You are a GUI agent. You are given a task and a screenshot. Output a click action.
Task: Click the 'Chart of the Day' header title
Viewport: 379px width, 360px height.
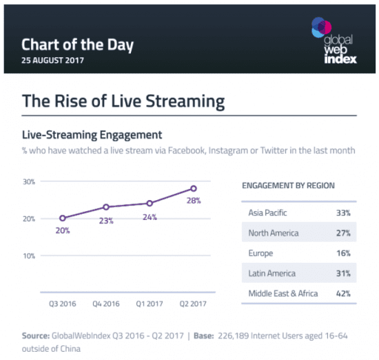coord(77,46)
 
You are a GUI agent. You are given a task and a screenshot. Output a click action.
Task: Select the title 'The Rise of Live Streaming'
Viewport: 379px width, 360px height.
coord(123,101)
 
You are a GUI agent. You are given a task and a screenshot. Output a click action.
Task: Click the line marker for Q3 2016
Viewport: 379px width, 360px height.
coord(63,218)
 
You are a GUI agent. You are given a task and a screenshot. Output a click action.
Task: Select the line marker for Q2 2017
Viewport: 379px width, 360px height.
coord(194,188)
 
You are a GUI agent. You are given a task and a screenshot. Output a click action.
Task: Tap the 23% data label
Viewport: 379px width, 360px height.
coord(106,221)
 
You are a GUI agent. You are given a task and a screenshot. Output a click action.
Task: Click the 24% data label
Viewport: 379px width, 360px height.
coord(150,217)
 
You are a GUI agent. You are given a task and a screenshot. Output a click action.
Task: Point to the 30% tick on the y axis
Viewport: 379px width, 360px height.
coord(29,181)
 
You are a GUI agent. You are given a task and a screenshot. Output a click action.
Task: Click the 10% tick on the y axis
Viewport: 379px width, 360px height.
coord(29,256)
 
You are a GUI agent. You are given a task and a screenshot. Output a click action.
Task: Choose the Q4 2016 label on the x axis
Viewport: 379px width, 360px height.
coord(106,302)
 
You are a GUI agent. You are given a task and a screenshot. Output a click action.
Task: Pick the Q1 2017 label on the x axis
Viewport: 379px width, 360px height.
coord(150,302)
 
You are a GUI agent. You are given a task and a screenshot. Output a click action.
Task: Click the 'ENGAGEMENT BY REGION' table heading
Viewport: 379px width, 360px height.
coord(288,186)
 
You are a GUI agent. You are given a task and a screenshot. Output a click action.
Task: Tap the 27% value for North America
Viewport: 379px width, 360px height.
coord(342,233)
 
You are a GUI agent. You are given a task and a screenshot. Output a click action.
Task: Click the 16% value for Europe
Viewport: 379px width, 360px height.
coord(342,253)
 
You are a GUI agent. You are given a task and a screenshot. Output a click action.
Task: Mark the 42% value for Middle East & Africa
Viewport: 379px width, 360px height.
coord(342,293)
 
